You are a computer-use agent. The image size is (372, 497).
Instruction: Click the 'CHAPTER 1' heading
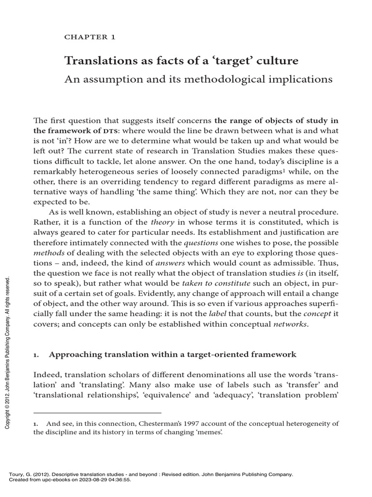[x=90, y=37]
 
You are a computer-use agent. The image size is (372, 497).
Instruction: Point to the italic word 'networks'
[x=290, y=324]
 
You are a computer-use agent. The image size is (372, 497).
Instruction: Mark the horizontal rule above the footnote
[x=97, y=413]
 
